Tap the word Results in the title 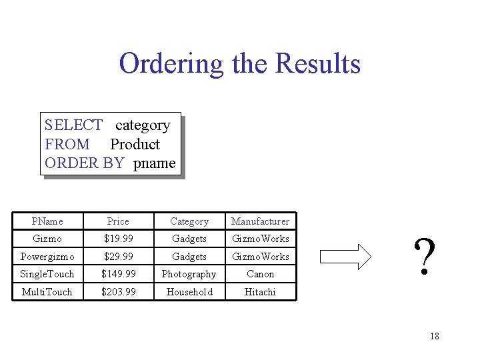point(317,64)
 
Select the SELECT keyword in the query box point(73,125)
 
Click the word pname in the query point(154,163)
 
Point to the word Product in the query point(135,144)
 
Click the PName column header point(47,221)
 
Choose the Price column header point(118,221)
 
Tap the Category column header point(189,221)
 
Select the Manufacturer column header point(260,221)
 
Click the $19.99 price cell point(118,239)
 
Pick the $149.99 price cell point(118,274)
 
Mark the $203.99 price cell point(118,292)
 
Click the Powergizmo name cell point(47,257)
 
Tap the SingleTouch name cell point(47,274)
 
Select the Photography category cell point(189,274)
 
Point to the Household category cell point(189,292)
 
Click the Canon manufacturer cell point(260,274)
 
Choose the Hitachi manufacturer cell point(260,292)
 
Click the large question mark point(425,258)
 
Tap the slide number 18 point(434,336)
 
